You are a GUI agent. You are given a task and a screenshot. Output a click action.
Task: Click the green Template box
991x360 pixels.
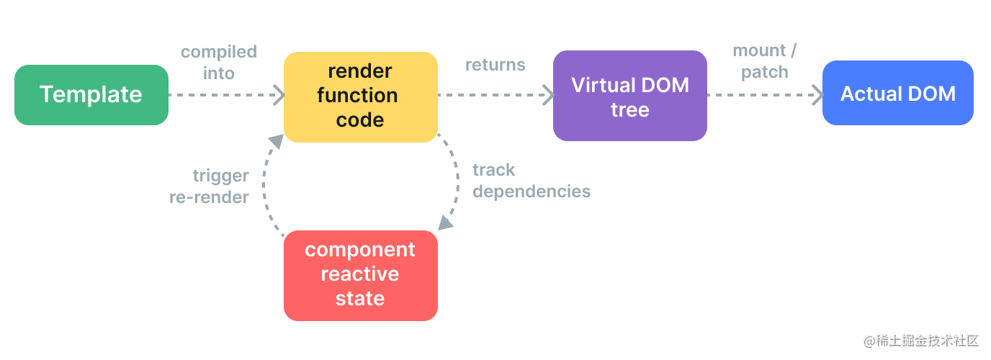[91, 94]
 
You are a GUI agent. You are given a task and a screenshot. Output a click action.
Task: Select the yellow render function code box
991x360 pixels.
[360, 96]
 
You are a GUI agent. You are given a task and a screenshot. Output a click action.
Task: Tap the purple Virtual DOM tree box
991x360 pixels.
[629, 96]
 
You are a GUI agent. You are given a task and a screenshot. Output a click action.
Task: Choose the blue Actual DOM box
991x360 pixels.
[897, 94]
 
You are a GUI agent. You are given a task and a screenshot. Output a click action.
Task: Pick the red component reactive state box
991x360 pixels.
[360, 274]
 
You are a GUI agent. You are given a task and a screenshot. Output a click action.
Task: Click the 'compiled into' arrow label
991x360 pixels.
[218, 62]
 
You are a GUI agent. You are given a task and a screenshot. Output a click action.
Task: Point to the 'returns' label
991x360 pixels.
[495, 65]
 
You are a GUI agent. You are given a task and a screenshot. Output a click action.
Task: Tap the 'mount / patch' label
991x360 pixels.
[764, 61]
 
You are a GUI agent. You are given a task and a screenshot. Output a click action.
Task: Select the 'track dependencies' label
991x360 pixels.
[531, 181]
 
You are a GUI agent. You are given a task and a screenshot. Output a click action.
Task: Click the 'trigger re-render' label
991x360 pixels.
[210, 186]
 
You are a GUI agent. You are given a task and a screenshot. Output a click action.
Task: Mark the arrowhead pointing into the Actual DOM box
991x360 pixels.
[817, 94]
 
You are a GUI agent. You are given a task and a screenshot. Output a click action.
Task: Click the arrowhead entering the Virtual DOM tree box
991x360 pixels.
[547, 94]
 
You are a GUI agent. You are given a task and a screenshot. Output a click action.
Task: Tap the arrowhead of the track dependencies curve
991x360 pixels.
[446, 222]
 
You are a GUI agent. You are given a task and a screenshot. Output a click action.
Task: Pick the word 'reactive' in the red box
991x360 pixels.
[360, 274]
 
